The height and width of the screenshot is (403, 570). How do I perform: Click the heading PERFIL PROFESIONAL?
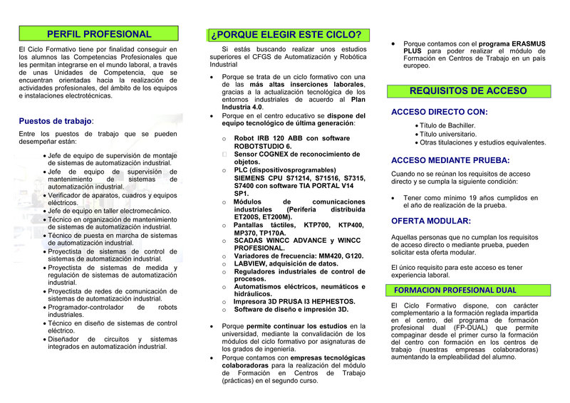pos(99,33)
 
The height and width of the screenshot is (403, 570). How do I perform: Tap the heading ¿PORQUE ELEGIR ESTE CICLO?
pos(285,34)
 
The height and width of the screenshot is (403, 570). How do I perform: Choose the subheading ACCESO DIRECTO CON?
pos(440,112)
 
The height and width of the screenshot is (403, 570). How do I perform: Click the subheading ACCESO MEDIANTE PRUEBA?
pos(450,160)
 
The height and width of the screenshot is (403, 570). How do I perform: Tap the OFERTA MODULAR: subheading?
pos(431,221)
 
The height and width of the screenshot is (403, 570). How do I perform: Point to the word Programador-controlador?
pos(85,307)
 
